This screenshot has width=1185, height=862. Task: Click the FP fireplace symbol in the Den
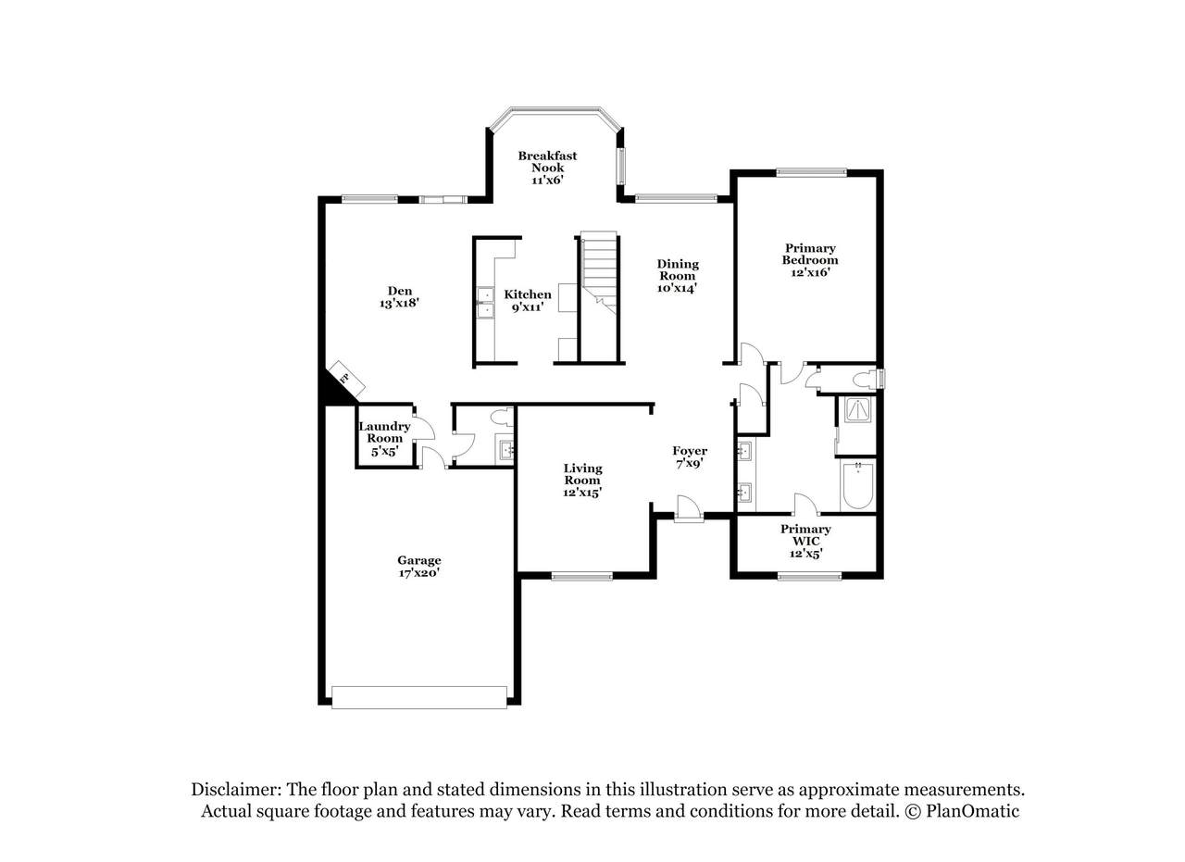(346, 379)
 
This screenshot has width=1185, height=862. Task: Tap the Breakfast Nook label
(547, 161)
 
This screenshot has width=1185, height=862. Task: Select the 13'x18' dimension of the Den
(399, 303)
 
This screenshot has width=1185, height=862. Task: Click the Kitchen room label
(528, 294)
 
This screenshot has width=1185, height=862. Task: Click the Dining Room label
(678, 269)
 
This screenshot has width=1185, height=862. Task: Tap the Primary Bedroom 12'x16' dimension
(810, 272)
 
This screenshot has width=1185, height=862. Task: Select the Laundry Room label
(384, 431)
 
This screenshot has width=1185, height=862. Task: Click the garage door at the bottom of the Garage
(419, 697)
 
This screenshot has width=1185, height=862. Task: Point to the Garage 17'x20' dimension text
(419, 572)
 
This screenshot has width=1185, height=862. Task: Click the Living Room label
(582, 474)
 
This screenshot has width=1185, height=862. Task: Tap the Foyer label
(690, 451)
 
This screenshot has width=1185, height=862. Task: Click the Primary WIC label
(805, 535)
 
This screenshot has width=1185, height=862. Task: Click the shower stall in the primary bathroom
(857, 410)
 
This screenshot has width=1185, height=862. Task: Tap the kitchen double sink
(485, 303)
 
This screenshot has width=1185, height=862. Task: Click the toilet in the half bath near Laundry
(502, 418)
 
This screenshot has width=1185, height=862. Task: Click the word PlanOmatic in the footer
(972, 811)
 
